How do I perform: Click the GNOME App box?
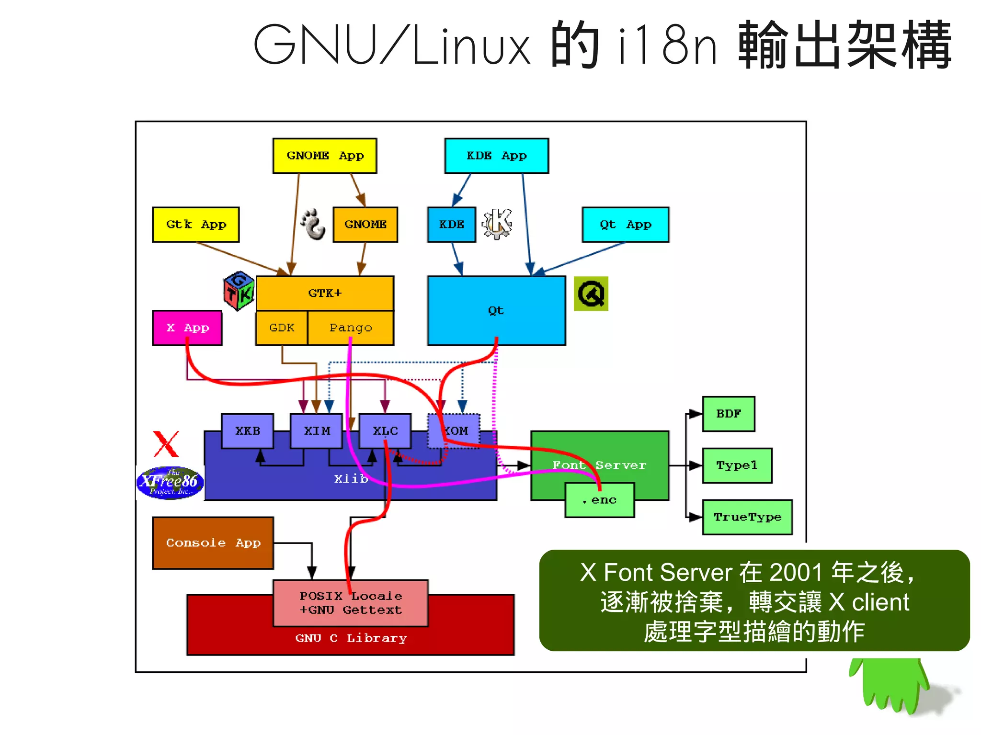(324, 156)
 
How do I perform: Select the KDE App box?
(496, 156)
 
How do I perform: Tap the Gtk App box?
(195, 225)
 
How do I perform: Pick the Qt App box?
(625, 225)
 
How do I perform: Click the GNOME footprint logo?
(313, 224)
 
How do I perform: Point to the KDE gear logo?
(497, 224)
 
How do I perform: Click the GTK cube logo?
(239, 291)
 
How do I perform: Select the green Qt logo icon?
(591, 294)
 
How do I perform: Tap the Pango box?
(350, 328)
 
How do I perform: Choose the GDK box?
(282, 328)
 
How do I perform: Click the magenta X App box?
(187, 328)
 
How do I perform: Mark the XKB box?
(247, 431)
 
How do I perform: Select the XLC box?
(385, 431)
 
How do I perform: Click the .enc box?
(599, 500)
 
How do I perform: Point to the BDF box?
(728, 414)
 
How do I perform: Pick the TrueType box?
(747, 517)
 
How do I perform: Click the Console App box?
(213, 543)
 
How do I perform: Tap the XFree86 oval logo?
(170, 483)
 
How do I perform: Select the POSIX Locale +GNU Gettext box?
(350, 603)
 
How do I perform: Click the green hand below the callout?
(891, 685)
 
